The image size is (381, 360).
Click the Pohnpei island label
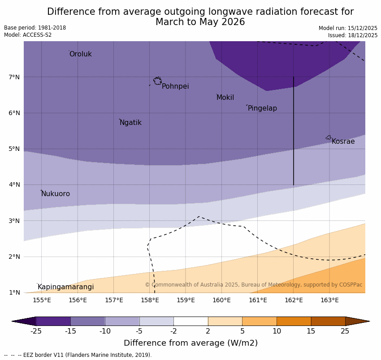pyautogui.click(x=175, y=86)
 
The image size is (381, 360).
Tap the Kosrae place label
pyautogui.click(x=343, y=141)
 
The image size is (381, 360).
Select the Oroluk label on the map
pyautogui.click(x=81, y=54)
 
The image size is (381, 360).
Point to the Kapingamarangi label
pyautogui.click(x=65, y=287)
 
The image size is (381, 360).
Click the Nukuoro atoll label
pyautogui.click(x=56, y=194)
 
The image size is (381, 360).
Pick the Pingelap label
pyautogui.click(x=262, y=108)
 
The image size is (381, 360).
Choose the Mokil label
pyautogui.click(x=225, y=98)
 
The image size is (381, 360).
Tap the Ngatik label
pyautogui.click(x=130, y=123)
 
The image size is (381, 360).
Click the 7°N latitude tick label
pyautogui.click(x=14, y=77)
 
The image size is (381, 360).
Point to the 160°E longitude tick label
pyautogui.click(x=221, y=300)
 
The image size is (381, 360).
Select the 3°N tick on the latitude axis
pyautogui.click(x=14, y=221)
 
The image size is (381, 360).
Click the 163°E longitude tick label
pyautogui.click(x=329, y=300)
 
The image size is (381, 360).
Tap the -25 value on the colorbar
pyautogui.click(x=36, y=331)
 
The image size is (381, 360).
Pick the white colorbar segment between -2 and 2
pyautogui.click(x=190, y=321)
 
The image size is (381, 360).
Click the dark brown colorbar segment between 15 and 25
pyautogui.click(x=328, y=321)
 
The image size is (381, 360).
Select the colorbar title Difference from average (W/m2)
pyautogui.click(x=190, y=343)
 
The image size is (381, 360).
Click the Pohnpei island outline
pyautogui.click(x=157, y=81)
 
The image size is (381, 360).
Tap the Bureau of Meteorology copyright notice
pyautogui.click(x=253, y=285)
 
